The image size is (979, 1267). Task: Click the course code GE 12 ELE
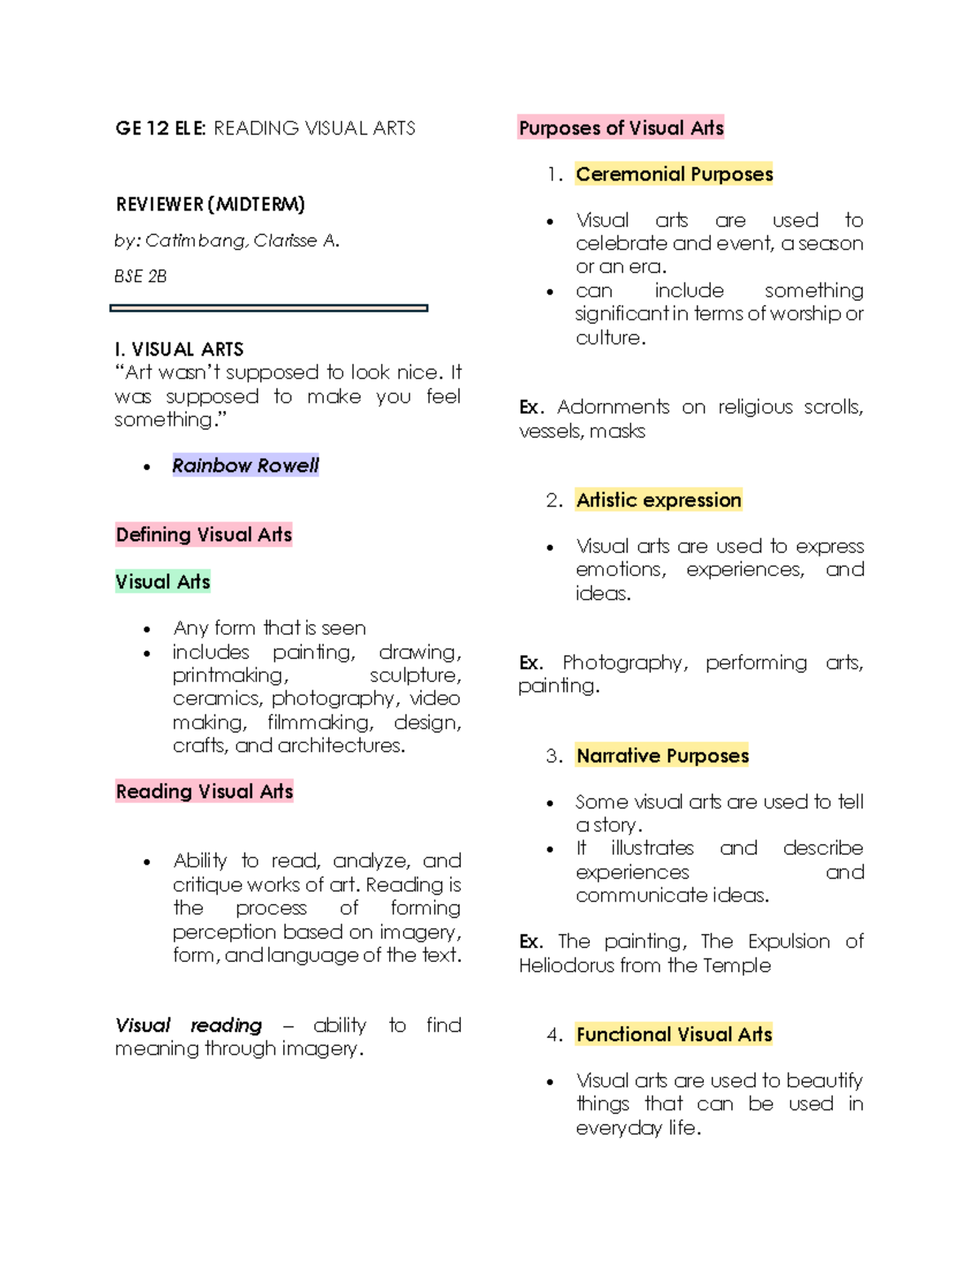pyautogui.click(x=161, y=128)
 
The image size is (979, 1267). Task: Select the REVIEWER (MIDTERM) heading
pyautogui.click(x=210, y=204)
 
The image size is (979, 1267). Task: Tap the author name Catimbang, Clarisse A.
pyautogui.click(x=242, y=241)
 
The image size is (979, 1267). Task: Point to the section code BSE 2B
pyautogui.click(x=140, y=277)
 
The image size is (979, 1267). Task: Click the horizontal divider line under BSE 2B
pyautogui.click(x=268, y=308)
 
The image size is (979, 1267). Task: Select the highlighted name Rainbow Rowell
pyautogui.click(x=245, y=465)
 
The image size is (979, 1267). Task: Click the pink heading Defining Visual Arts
pyautogui.click(x=204, y=534)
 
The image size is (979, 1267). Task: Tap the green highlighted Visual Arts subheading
pyautogui.click(x=162, y=582)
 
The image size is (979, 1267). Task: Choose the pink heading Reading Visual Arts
pyautogui.click(x=204, y=791)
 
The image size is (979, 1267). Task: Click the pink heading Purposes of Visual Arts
pyautogui.click(x=621, y=128)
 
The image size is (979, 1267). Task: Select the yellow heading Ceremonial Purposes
pyautogui.click(x=674, y=174)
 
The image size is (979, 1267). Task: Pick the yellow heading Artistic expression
pyautogui.click(x=658, y=499)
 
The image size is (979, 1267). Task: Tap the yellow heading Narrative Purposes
pyautogui.click(x=662, y=755)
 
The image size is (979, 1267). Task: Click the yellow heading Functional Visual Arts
pyautogui.click(x=673, y=1034)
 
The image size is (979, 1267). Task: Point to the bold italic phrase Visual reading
pyautogui.click(x=188, y=1025)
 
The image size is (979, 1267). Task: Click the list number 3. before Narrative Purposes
pyautogui.click(x=554, y=755)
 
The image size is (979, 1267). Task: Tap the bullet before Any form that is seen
pyautogui.click(x=147, y=629)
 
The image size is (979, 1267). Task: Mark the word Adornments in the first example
pyautogui.click(x=613, y=406)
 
